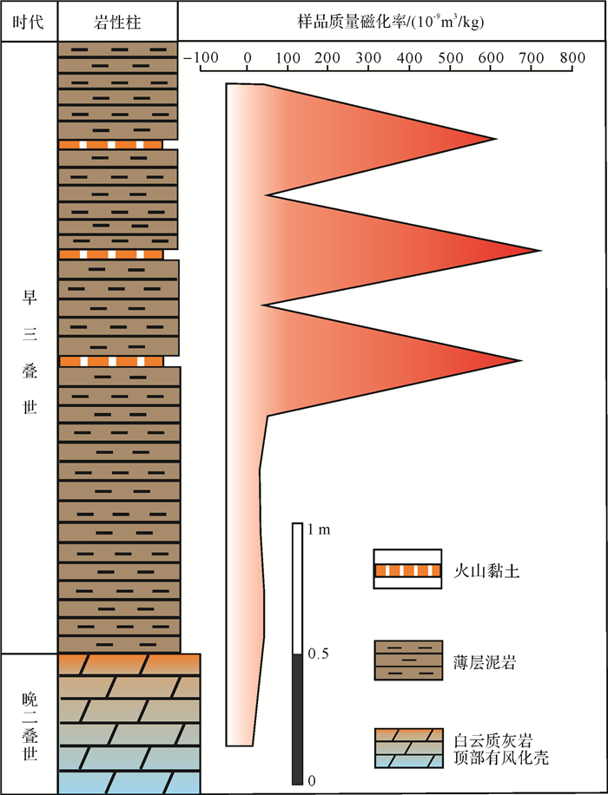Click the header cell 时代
30,21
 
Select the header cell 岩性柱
117,21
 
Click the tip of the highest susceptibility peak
540,252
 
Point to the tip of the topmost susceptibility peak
495,139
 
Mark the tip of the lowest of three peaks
520,361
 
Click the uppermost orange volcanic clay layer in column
110,144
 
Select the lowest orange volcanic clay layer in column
111,361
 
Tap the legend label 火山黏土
477,571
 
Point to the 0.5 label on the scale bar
320,654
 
